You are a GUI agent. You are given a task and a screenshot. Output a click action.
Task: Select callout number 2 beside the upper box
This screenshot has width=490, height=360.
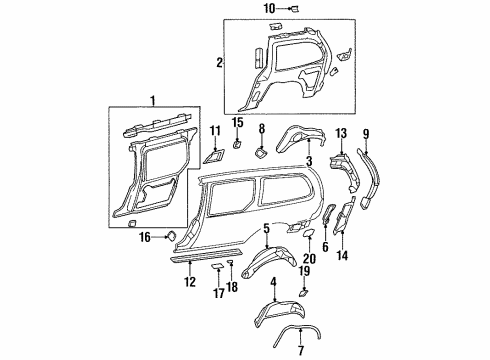click(x=219, y=62)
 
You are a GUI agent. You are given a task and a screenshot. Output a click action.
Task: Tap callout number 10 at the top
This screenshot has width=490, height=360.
click(x=268, y=9)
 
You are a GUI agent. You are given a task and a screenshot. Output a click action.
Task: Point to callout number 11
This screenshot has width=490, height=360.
click(x=216, y=131)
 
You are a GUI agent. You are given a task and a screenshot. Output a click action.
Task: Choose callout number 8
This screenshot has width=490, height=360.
click(x=262, y=129)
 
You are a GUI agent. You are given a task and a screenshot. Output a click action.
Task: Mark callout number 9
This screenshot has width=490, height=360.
click(x=365, y=133)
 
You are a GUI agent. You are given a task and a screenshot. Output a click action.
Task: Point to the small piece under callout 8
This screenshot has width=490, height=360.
click(x=260, y=153)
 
